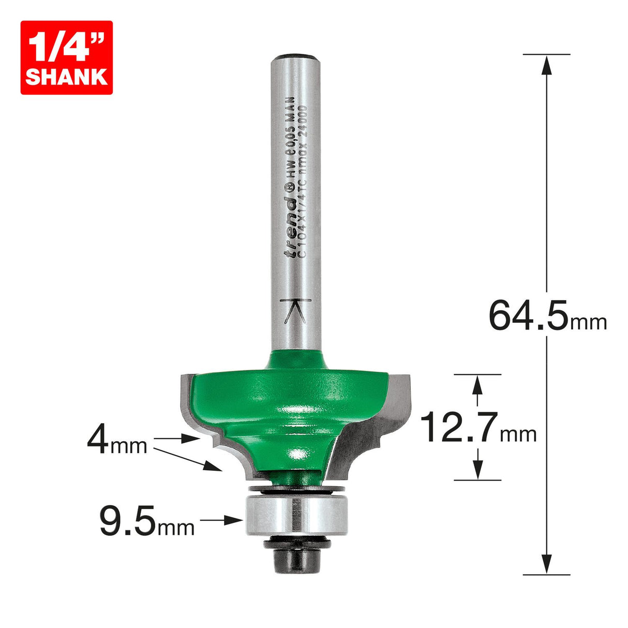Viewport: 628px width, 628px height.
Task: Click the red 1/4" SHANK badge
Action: click(66, 57)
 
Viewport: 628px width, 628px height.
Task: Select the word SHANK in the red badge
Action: click(66, 77)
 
